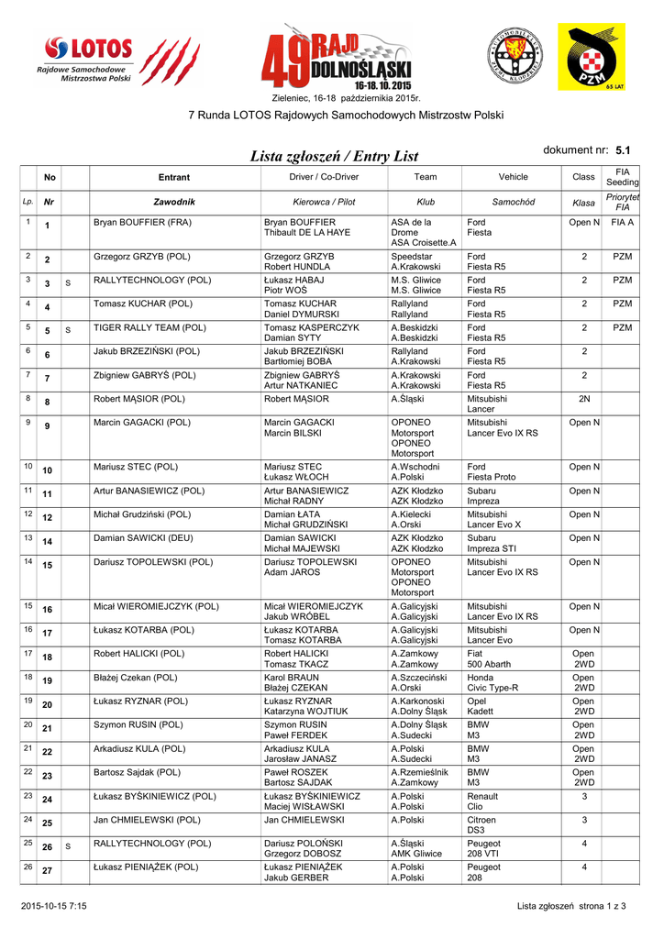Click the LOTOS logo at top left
[88, 61]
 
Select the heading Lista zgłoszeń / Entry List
[335, 158]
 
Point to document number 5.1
[623, 149]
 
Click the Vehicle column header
[513, 177]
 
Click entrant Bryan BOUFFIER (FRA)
[142, 223]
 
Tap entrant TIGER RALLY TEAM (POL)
[149, 328]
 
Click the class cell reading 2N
[583, 399]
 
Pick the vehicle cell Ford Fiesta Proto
[491, 471]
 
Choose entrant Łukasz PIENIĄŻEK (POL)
[146, 867]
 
